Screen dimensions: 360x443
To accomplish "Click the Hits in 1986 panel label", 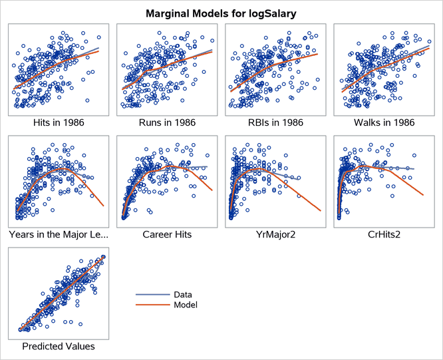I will click(x=58, y=122).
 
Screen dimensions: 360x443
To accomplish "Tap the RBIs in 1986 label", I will click(x=275, y=122).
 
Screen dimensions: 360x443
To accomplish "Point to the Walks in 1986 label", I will click(x=384, y=122).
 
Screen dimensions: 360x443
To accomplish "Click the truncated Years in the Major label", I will click(x=58, y=235).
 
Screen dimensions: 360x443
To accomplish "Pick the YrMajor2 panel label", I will click(x=275, y=235).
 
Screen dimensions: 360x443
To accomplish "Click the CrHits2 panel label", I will click(x=384, y=235).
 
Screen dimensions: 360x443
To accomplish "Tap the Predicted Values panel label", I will click(x=58, y=347).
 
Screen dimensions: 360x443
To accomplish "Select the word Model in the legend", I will click(x=185, y=305).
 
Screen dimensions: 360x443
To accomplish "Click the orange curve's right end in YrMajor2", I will click(x=321, y=211).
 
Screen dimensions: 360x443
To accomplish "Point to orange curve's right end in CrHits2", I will click(x=424, y=194).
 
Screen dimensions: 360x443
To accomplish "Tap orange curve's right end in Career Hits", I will click(x=212, y=191).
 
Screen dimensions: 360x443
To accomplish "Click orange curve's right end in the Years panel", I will click(x=103, y=206).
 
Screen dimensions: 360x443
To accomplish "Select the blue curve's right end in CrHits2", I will click(x=414, y=169).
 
